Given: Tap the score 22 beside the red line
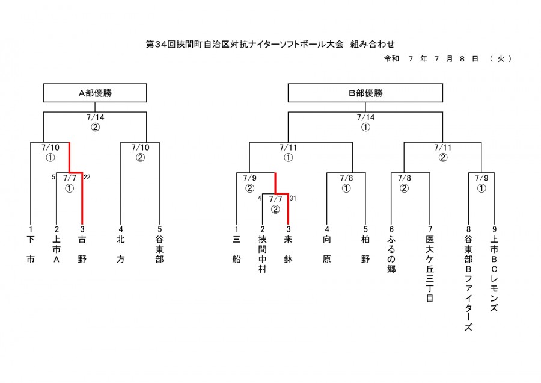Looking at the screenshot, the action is (87, 177).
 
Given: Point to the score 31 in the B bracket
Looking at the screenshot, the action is (293, 198).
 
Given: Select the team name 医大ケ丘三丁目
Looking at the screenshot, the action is (430, 269).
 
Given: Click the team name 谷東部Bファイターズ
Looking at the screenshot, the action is (468, 283).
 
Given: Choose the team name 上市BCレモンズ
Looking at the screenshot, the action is (494, 273).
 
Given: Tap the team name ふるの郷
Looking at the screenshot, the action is (391, 254).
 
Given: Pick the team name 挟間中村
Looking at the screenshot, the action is (263, 254).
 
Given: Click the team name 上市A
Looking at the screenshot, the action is (57, 249).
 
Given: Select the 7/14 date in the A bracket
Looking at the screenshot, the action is (95, 117).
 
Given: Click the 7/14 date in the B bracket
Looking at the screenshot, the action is (365, 117).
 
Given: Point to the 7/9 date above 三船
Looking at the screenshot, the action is (250, 178).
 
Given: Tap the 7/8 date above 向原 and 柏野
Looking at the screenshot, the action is (346, 178).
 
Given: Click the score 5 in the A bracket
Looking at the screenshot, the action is (53, 177).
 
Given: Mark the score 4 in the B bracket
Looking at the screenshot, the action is (260, 198).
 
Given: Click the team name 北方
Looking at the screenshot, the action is (120, 249).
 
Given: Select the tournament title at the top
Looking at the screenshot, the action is (270, 44).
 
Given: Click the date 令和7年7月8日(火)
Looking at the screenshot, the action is (448, 59).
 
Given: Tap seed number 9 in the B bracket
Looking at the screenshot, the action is (494, 229).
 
